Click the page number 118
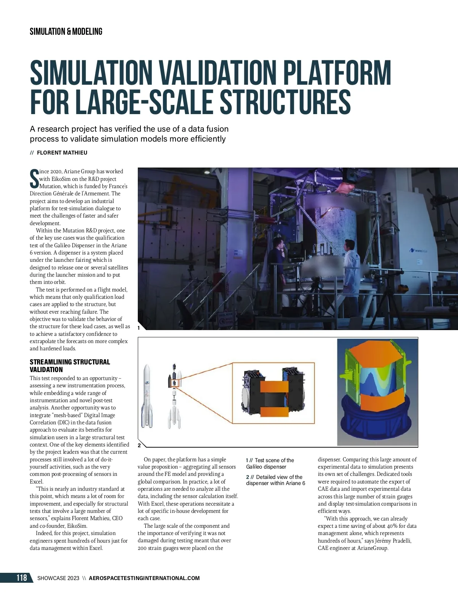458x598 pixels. pyautogui.click(x=22, y=578)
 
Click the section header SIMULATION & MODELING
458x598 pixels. pyautogui.click(x=66, y=32)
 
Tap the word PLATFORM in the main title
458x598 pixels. pyautogui.click(x=338, y=73)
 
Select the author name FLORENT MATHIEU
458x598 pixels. pyautogui.click(x=62, y=153)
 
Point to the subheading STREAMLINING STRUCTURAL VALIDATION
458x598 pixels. pyautogui.click(x=69, y=366)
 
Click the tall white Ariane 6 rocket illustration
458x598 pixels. pyautogui.click(x=147, y=397)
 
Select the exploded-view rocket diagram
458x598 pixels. pyautogui.click(x=174, y=397)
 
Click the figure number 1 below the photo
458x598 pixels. pyautogui.click(x=139, y=327)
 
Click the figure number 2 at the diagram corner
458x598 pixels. pyautogui.click(x=139, y=445)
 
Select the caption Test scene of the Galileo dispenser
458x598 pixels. pyautogui.click(x=270, y=463)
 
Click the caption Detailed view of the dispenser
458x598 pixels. pyautogui.click(x=276, y=480)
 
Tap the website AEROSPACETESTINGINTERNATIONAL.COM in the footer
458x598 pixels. pyautogui.click(x=144, y=578)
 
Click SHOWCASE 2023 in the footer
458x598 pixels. pyautogui.click(x=58, y=578)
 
